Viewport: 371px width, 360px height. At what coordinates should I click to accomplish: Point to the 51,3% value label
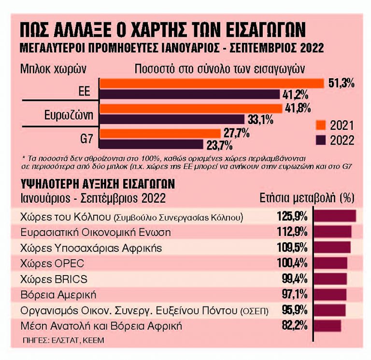(342, 83)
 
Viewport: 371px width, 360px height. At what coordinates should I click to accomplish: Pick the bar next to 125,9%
(335, 216)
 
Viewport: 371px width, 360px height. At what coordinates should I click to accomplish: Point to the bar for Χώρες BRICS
(330, 279)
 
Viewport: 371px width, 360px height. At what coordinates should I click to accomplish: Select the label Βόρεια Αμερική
(59, 294)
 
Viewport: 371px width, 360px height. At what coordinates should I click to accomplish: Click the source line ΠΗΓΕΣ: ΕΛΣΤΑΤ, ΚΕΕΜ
(63, 340)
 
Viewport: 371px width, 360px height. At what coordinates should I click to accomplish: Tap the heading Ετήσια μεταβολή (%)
(307, 199)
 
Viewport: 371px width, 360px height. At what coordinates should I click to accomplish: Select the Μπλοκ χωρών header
(53, 68)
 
